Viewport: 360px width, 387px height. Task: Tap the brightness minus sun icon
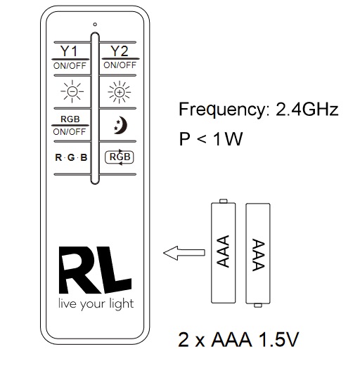pyautogui.click(x=72, y=91)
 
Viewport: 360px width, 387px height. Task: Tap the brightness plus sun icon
pyautogui.click(x=120, y=92)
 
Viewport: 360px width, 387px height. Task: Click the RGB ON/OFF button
pyautogui.click(x=70, y=126)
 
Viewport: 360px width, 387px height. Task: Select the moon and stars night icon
pyautogui.click(x=120, y=125)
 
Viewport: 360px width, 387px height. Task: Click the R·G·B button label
pyautogui.click(x=71, y=157)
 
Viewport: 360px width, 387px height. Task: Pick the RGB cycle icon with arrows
pyautogui.click(x=120, y=157)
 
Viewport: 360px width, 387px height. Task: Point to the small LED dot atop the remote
pyautogui.click(x=95, y=24)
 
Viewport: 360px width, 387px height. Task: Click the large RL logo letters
pyautogui.click(x=95, y=270)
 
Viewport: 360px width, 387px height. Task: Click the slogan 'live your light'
pyautogui.click(x=96, y=304)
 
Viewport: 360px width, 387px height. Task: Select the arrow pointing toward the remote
pyautogui.click(x=184, y=253)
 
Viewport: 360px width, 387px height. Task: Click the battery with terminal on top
pyautogui.click(x=224, y=251)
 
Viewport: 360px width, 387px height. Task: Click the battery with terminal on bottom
pyautogui.click(x=258, y=255)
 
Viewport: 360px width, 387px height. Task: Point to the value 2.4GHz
pyautogui.click(x=307, y=109)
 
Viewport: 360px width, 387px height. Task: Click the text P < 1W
pyautogui.click(x=211, y=138)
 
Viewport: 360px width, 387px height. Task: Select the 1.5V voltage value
pyautogui.click(x=278, y=340)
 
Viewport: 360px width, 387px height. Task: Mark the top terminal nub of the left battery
pyautogui.click(x=224, y=201)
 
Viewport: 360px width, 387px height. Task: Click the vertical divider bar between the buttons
pyautogui.click(x=95, y=108)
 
